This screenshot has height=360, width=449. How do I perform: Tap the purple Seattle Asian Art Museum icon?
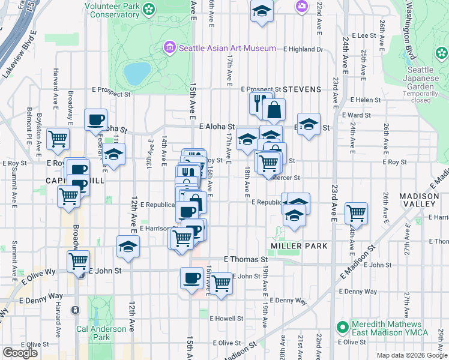click(x=170, y=47)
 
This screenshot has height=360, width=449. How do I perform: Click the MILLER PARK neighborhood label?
click(x=299, y=246)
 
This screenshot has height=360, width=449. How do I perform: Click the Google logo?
click(x=20, y=352)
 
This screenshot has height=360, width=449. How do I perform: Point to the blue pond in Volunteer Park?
click(x=137, y=73)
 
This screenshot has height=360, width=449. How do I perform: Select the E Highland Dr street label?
click(x=303, y=49)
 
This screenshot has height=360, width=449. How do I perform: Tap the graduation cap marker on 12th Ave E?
click(x=128, y=247)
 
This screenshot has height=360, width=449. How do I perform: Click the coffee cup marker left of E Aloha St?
click(x=95, y=120)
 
